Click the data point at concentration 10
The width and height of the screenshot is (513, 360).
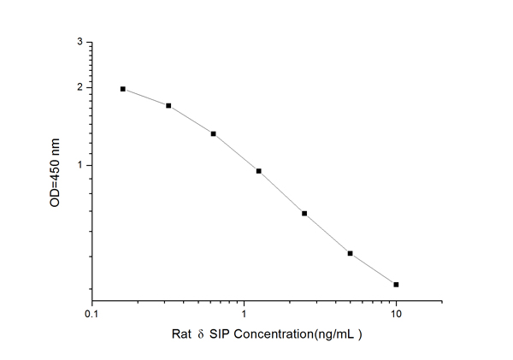point(396,284)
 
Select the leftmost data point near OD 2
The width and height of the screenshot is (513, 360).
point(123,89)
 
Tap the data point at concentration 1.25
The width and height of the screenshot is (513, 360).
point(258,171)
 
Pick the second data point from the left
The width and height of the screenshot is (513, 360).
point(168,106)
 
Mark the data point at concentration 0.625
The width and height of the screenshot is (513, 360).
point(213,133)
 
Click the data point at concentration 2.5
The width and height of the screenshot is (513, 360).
point(304,213)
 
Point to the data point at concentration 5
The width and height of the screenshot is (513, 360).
point(350,253)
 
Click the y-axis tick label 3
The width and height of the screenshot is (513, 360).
point(80,42)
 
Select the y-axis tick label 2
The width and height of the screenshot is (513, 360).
point(80,87)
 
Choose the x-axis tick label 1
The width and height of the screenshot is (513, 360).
point(245,315)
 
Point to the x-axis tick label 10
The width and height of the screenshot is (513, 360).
point(396,315)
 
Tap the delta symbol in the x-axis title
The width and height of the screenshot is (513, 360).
point(188,335)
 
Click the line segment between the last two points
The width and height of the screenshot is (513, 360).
point(373,269)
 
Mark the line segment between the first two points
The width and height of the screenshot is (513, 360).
point(146,97)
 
